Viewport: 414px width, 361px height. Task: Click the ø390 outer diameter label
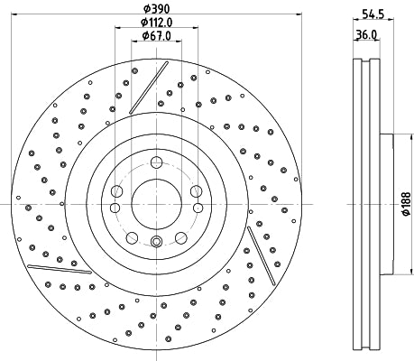coord(158,7)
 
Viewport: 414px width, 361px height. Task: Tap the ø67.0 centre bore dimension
coord(158,36)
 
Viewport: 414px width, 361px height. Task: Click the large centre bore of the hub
coord(157,204)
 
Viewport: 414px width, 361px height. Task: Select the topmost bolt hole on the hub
coord(157,162)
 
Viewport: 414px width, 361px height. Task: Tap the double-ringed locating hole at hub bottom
coord(157,242)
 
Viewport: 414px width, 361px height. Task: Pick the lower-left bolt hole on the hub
coord(132,237)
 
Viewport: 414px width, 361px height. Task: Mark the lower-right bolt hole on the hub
coord(181,237)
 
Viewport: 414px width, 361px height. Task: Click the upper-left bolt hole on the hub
coord(117,190)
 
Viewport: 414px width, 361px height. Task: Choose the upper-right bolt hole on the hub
coord(196,190)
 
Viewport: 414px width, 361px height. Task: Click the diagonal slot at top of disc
coord(149,88)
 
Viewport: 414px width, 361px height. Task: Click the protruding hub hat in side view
coord(387,204)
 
